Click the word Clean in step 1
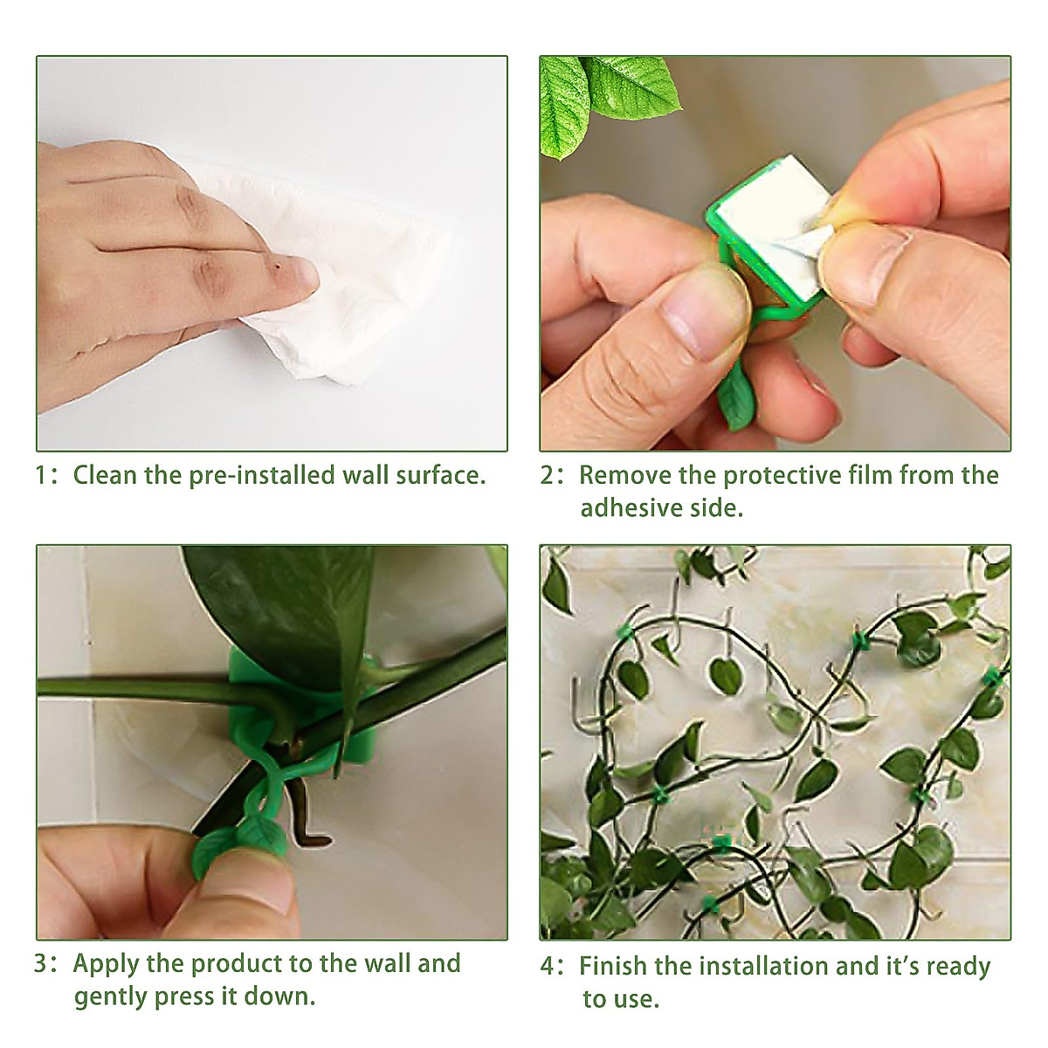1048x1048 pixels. (x=106, y=476)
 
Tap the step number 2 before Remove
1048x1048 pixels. (x=548, y=476)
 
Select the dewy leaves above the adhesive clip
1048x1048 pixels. (x=603, y=96)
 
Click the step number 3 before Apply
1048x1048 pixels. (x=42, y=964)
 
